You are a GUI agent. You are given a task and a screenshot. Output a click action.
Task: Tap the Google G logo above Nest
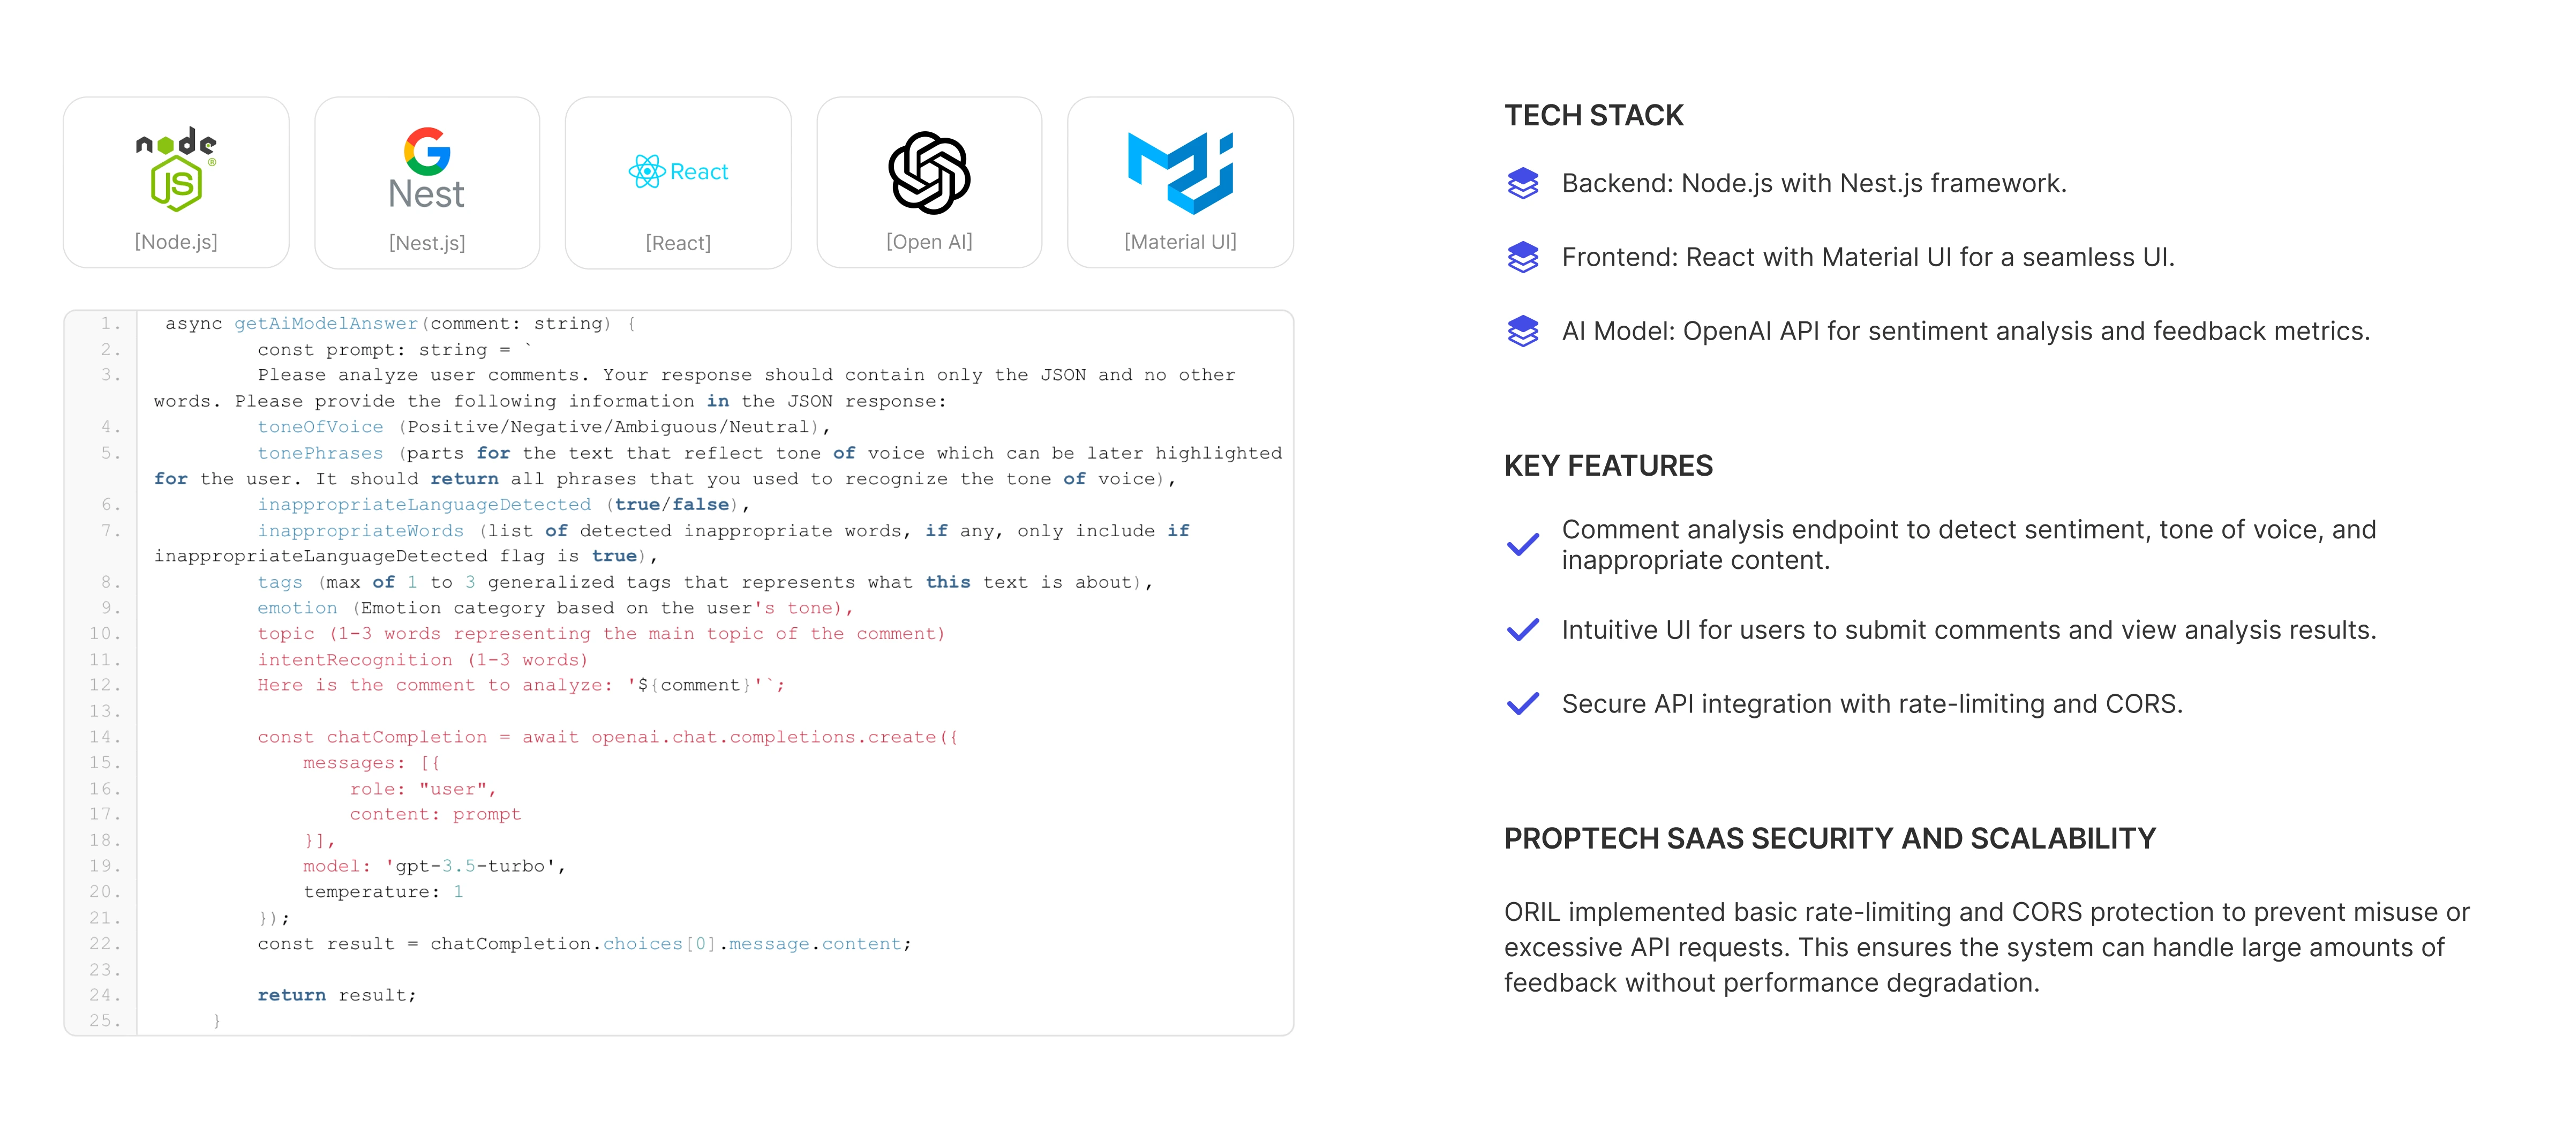[427, 152]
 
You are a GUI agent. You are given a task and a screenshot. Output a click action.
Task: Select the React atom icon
[646, 172]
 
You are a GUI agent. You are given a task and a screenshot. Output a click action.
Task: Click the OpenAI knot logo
[929, 172]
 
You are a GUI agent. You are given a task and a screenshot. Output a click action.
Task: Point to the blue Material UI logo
[1181, 172]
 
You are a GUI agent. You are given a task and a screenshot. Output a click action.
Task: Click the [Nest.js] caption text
[427, 243]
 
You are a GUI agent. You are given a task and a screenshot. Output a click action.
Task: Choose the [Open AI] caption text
[929, 242]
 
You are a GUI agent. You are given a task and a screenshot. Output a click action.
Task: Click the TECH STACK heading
[1594, 116]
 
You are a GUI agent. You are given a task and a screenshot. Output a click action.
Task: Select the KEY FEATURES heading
[1608, 466]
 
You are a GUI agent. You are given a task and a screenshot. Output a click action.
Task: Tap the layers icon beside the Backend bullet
[1523, 184]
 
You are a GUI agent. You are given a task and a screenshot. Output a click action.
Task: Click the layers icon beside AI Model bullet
[1523, 332]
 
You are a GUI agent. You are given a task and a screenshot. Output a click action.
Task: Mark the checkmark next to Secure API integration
[1523, 704]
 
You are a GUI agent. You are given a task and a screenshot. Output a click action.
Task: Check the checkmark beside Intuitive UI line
[1523, 630]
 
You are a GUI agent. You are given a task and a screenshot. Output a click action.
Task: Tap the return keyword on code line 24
[291, 995]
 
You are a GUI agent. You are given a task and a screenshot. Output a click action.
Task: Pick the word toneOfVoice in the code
[320, 427]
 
